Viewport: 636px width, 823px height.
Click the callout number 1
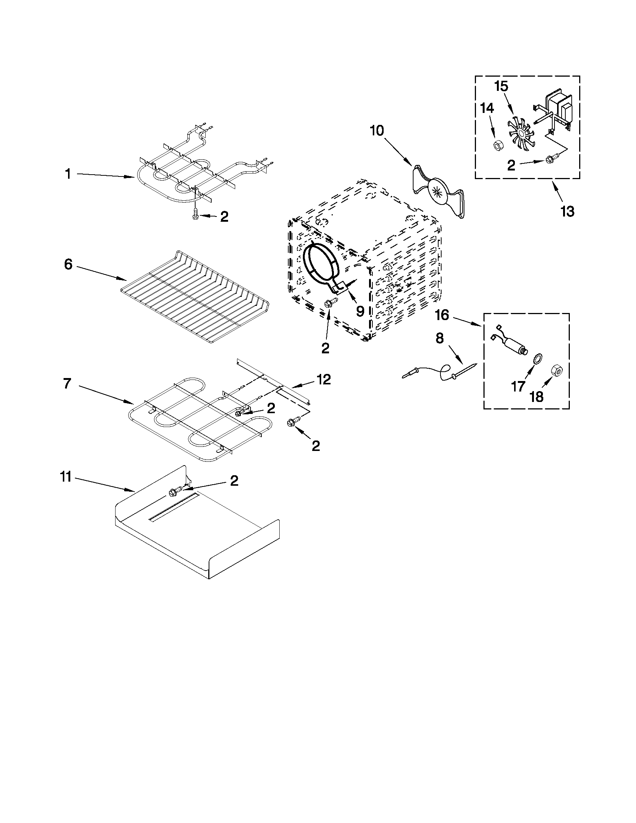[68, 174]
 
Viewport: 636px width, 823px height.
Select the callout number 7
[67, 384]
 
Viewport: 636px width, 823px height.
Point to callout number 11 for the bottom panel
[65, 477]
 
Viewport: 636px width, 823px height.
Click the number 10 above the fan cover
[377, 131]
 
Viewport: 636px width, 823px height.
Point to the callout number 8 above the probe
[440, 338]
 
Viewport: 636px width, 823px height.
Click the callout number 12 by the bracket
[324, 379]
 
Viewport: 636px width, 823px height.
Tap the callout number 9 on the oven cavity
[360, 311]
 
